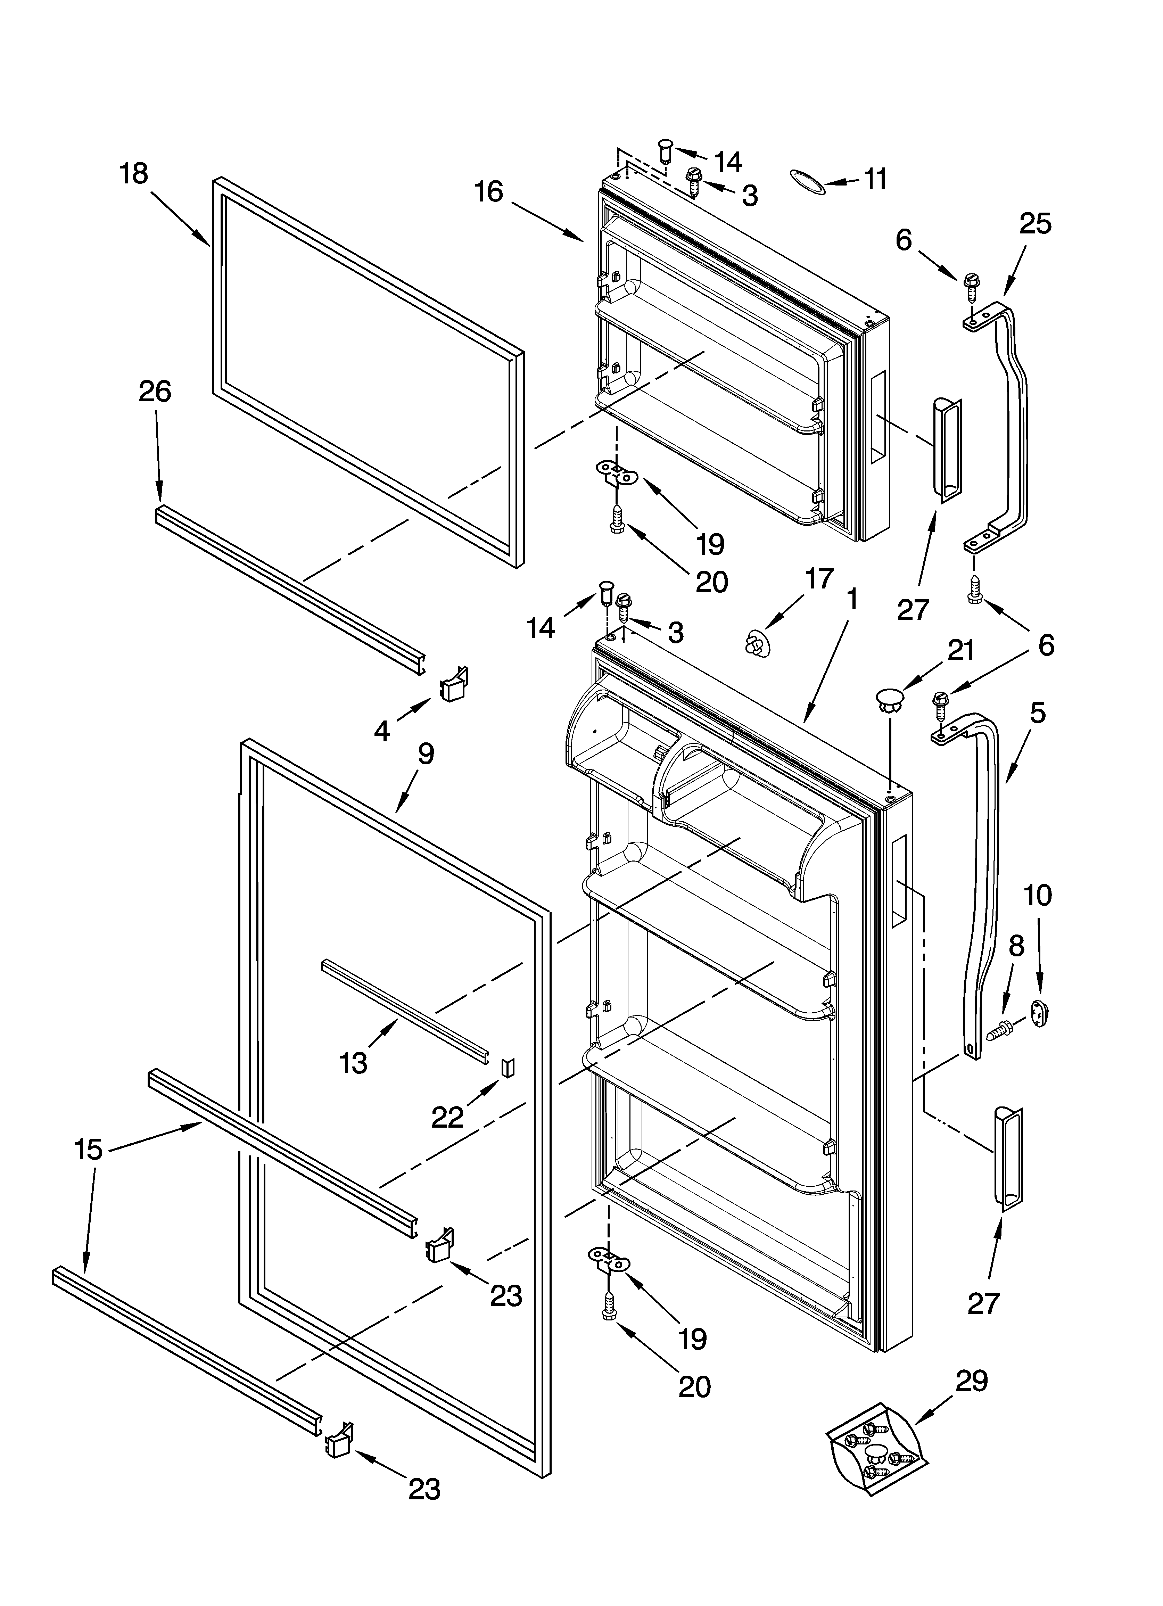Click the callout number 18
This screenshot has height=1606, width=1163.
coord(134,173)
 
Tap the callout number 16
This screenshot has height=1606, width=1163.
coord(489,192)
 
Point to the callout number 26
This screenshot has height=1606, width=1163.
coord(155,392)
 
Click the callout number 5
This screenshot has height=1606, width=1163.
coord(1037,713)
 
